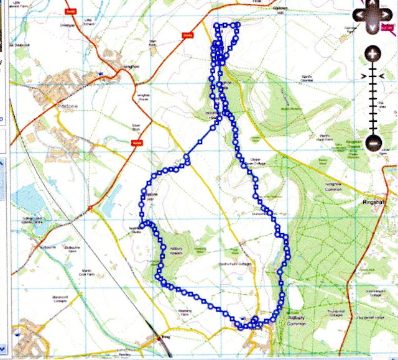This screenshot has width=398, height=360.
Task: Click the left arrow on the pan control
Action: click(x=355, y=13)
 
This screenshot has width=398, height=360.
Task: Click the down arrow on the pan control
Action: click(x=372, y=28)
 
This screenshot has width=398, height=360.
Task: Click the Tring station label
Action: click(x=165, y=338)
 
